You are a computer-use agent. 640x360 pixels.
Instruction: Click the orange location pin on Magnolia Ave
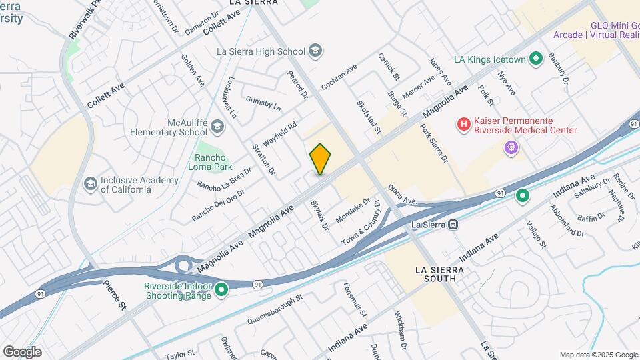click(320, 159)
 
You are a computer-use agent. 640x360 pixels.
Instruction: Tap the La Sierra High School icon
click(315, 51)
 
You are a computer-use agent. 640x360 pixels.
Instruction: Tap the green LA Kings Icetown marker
click(535, 59)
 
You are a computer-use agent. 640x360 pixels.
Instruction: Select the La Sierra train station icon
click(453, 225)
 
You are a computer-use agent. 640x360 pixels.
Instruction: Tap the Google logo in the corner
click(22, 352)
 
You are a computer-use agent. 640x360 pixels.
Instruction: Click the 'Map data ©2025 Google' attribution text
click(598, 355)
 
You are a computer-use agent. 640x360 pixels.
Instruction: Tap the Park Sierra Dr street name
click(434, 143)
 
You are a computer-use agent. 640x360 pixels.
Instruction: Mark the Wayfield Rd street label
click(279, 134)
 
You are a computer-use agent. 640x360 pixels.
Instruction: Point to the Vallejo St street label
click(535, 235)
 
